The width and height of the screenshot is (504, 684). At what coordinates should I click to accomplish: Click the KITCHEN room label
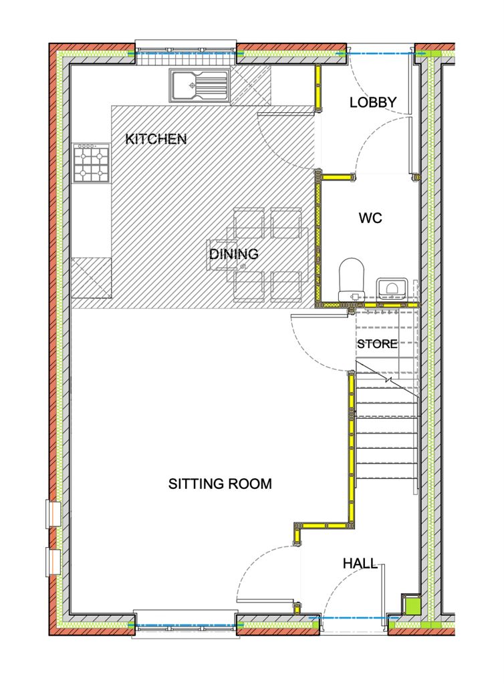point(156,139)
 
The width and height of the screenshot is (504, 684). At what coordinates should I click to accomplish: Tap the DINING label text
point(233,254)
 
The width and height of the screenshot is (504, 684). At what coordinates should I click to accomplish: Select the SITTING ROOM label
point(220,484)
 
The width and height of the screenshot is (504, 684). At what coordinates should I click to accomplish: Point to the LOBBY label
point(373,102)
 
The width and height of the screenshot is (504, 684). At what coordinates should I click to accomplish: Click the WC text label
point(370,217)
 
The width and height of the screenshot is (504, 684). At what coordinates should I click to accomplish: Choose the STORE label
point(378,344)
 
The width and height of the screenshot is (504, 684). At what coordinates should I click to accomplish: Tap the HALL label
point(360,564)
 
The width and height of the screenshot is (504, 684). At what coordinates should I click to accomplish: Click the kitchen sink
point(199,85)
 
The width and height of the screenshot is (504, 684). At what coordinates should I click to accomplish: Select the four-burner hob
point(91,163)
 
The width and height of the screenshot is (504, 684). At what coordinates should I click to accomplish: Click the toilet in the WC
point(352,280)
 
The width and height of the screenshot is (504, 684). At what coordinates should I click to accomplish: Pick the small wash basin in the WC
point(392,288)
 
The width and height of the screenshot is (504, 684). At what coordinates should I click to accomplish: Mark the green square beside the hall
point(410,604)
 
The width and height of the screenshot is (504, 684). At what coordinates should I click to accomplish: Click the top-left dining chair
point(249,223)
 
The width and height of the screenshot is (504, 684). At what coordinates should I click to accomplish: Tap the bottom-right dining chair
point(286,287)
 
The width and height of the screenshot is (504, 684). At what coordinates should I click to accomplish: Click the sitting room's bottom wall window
point(185,625)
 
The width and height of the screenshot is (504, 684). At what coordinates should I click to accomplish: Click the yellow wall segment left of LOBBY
point(318,89)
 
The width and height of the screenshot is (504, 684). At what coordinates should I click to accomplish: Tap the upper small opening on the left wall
point(53,514)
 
